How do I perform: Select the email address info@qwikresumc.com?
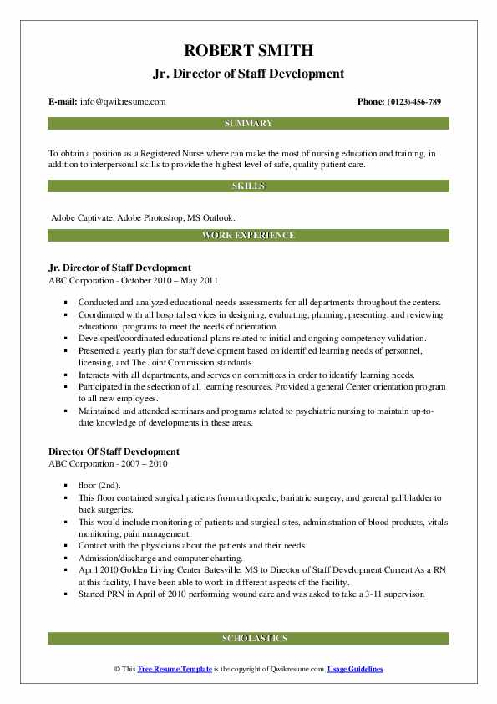[x=122, y=102]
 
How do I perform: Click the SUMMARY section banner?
[x=248, y=124]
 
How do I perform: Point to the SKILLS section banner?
[x=248, y=186]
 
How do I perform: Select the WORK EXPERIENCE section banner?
[x=248, y=236]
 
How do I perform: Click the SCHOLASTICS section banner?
[x=248, y=639]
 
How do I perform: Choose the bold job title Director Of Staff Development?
[x=114, y=452]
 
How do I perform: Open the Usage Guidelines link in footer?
[x=355, y=670]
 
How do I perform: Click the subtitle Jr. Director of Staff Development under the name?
[x=248, y=74]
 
